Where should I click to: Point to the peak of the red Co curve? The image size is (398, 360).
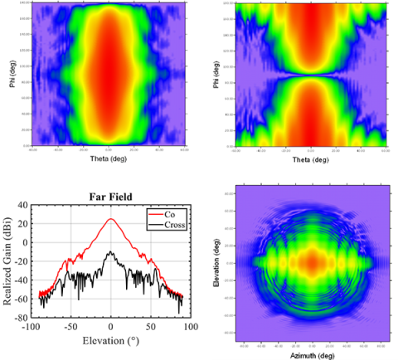click(x=111, y=219)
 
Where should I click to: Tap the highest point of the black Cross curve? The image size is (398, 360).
click(x=111, y=252)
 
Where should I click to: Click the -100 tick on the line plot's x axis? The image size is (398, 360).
click(x=31, y=327)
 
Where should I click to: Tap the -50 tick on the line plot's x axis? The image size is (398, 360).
click(x=70, y=327)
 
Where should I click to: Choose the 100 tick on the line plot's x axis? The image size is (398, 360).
click(x=191, y=327)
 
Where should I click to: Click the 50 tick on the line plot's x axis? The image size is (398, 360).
click(x=151, y=327)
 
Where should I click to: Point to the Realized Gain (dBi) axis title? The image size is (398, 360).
click(x=7, y=260)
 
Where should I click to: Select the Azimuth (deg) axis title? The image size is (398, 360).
click(x=312, y=353)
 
